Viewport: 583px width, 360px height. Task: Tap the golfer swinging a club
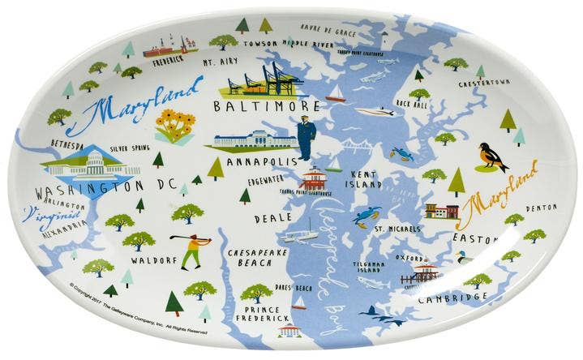coord(192,248)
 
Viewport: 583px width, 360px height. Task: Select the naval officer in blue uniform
coord(306,137)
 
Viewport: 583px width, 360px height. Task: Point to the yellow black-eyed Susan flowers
coord(176,126)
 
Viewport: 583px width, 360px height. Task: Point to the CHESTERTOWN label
coord(483,83)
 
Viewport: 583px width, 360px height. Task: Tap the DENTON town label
coord(541,208)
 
